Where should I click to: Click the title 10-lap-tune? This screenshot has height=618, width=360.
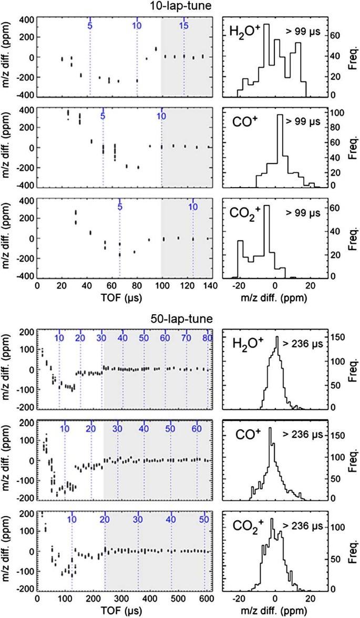pos(180,6)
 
